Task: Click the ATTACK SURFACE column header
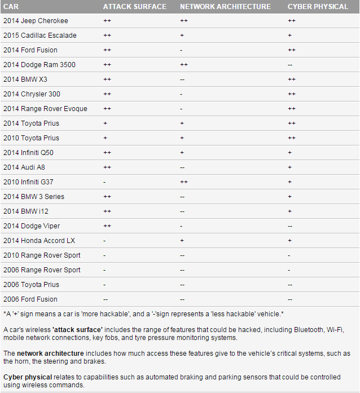(134, 7)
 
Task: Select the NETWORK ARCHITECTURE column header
(225, 7)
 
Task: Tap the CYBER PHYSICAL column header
(318, 7)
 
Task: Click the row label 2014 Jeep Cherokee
(35, 21)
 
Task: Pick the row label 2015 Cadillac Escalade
(39, 36)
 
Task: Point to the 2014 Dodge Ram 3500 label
(39, 65)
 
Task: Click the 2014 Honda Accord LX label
(39, 241)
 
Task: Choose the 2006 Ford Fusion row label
(30, 299)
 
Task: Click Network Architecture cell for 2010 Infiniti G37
(183, 182)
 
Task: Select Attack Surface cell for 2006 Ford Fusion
(106, 299)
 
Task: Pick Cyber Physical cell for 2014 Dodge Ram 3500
(290, 65)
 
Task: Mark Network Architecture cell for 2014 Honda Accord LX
(182, 241)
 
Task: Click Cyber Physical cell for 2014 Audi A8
(289, 167)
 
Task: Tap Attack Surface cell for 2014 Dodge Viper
(107, 226)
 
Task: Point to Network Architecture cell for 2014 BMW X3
(182, 80)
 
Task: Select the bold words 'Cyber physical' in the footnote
(27, 377)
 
